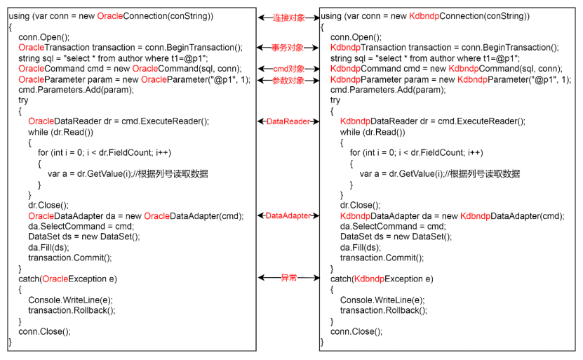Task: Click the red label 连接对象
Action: tap(289, 16)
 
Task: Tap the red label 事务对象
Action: tap(288, 48)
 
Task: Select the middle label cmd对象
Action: tap(288, 69)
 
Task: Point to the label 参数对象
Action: tap(288, 81)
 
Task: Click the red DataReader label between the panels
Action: tap(288, 121)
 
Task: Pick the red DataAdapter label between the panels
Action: tap(288, 216)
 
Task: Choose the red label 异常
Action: tap(288, 279)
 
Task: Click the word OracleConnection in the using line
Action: tap(135, 15)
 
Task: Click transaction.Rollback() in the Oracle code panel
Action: tap(72, 310)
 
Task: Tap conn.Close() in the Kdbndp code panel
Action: tap(356, 331)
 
